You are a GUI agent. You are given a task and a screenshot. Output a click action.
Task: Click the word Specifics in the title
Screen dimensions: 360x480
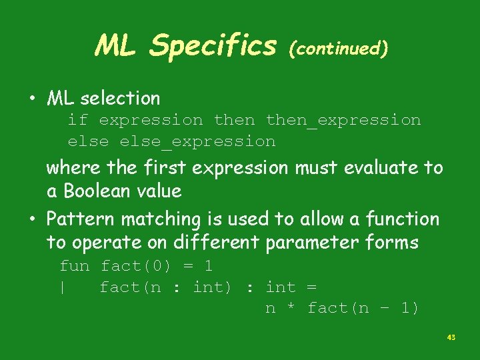(x=213, y=46)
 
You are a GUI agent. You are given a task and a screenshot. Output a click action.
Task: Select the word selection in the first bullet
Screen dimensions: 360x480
(x=120, y=99)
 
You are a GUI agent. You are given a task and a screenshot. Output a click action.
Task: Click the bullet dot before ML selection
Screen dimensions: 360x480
(x=31, y=99)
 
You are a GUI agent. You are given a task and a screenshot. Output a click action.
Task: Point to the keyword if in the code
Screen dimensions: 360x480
(x=77, y=120)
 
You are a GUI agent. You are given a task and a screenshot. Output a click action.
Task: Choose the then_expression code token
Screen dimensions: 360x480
(x=343, y=121)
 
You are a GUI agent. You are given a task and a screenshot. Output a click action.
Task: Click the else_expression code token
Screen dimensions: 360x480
(x=197, y=141)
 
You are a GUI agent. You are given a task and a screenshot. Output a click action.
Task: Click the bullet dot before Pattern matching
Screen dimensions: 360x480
(x=31, y=219)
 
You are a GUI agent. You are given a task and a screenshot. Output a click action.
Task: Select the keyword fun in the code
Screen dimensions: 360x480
(x=75, y=266)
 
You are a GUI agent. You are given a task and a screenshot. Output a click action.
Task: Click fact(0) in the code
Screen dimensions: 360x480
(x=135, y=266)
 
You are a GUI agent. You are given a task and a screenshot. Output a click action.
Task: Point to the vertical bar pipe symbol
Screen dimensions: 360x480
(x=62, y=287)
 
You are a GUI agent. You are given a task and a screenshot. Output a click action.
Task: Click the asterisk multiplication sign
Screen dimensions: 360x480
(x=291, y=308)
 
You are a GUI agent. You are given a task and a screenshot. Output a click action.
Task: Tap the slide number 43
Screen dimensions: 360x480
(x=451, y=338)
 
